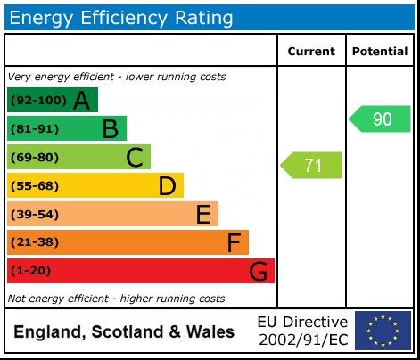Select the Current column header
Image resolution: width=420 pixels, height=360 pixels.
pyautogui.click(x=311, y=52)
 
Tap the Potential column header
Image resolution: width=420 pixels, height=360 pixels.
pyautogui.click(x=380, y=52)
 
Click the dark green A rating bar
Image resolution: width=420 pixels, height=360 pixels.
pyautogui.click(x=53, y=101)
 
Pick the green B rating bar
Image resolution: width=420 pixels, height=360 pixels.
pyautogui.click(x=67, y=129)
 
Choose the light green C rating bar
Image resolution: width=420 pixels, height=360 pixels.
pyautogui.click(x=78, y=158)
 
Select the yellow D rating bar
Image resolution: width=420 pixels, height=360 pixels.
pyautogui.click(x=95, y=186)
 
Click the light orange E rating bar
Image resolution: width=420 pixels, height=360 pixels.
pyautogui.click(x=112, y=215)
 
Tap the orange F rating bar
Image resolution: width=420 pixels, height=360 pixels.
pyautogui.click(x=128, y=242)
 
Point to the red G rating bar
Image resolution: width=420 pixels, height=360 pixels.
pyautogui.click(x=140, y=271)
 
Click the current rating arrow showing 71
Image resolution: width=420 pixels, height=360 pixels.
pyautogui.click(x=312, y=166)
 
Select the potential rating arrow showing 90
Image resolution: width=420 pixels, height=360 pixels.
pyautogui.click(x=381, y=119)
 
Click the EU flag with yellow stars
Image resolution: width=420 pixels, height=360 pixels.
pyautogui.click(x=383, y=331)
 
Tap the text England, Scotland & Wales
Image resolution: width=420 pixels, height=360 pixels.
pyautogui.click(x=124, y=332)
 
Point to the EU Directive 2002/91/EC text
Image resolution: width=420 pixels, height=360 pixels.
pyautogui.click(x=302, y=331)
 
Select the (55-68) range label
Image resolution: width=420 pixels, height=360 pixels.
pyautogui.click(x=35, y=186)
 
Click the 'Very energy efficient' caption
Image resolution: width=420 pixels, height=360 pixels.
pyautogui.click(x=116, y=77)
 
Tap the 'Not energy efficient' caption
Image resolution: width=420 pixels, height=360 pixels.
pyautogui.click(x=116, y=299)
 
